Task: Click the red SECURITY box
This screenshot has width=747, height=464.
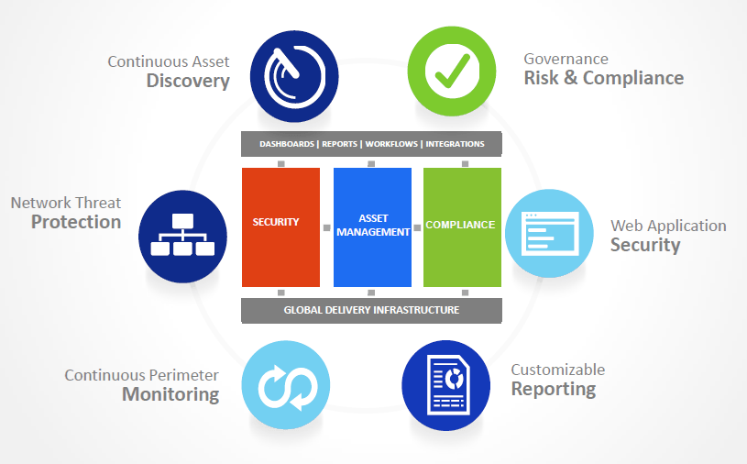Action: coord(280,227)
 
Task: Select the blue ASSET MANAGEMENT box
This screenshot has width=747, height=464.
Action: coord(372,227)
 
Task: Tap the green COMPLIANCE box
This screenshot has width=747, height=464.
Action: coord(462,227)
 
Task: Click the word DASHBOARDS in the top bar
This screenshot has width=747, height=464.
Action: coord(287,144)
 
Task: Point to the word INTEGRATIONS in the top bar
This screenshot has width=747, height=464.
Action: coord(455,144)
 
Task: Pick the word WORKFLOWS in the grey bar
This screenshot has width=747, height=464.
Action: coord(391,144)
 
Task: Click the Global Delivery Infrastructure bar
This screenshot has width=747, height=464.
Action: coord(371,311)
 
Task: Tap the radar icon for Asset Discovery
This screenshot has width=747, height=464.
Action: coord(294,76)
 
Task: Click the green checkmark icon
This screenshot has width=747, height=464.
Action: coord(452,71)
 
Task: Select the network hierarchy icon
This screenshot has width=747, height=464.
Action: coord(182,237)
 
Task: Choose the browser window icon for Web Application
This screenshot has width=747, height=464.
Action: coord(549,234)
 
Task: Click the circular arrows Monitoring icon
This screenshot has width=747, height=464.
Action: coord(286,385)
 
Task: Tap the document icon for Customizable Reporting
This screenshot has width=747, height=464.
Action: coord(446,385)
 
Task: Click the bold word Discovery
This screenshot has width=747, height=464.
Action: coord(188,81)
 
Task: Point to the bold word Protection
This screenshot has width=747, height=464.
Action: coord(76,222)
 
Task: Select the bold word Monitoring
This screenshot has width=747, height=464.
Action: coord(170,394)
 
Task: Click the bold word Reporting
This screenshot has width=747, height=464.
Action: coord(554,389)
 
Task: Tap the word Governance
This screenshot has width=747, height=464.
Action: coord(566,59)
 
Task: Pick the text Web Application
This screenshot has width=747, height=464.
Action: coord(668,226)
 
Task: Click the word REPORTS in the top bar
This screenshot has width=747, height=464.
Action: coord(340,144)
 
